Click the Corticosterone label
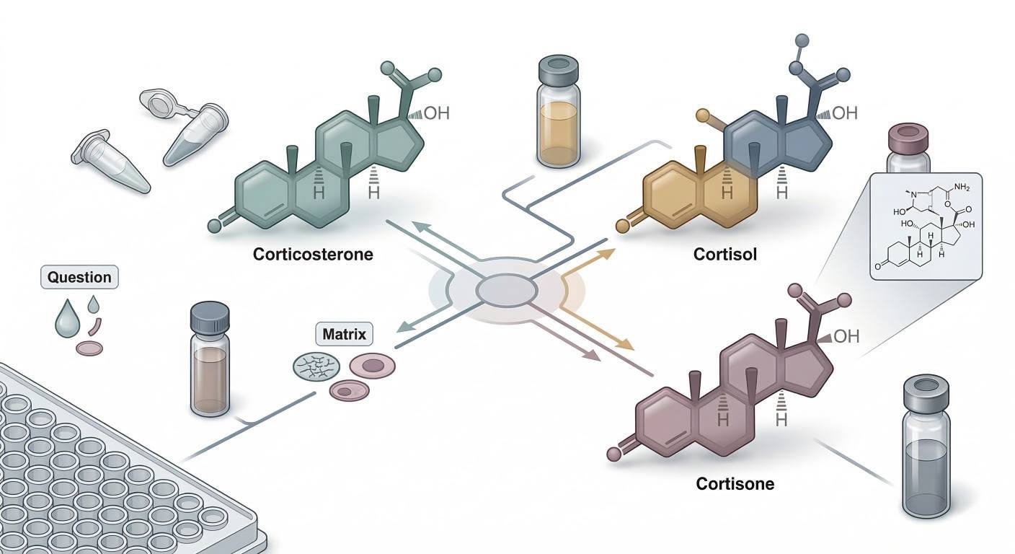coord(313,255)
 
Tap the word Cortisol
coord(724,255)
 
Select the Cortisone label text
coord(735,483)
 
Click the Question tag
coord(79,277)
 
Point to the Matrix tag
coord(344,335)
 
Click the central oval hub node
coord(507,291)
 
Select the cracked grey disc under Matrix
coord(314,367)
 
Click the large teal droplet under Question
coord(68,318)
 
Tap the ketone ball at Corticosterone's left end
coord(214,226)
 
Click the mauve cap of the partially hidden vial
coord(910,136)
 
